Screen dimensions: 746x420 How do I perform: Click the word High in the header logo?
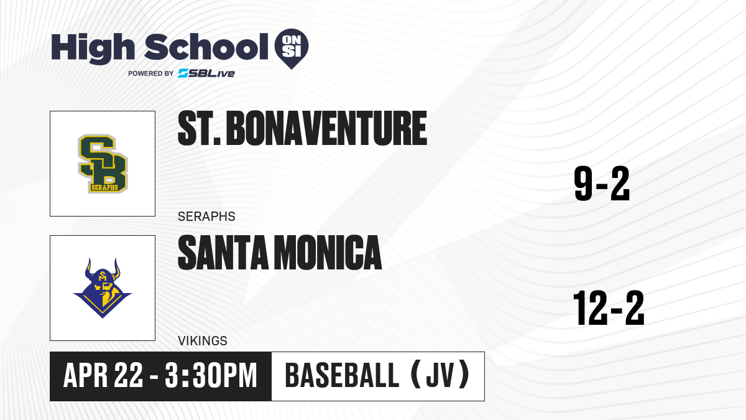pyautogui.click(x=93, y=49)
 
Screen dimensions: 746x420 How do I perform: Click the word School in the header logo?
pyautogui.click(x=206, y=47)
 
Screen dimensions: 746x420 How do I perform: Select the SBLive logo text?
pyautogui.click(x=206, y=73)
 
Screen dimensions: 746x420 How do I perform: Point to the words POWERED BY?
pyautogui.click(x=151, y=73)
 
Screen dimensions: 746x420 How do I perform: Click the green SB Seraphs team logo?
pyautogui.click(x=103, y=164)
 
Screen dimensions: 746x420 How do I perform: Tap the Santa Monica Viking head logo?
pyautogui.click(x=103, y=288)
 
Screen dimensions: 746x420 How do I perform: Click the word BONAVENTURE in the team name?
pyautogui.click(x=326, y=128)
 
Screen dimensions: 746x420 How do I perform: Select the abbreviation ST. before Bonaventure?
pyautogui.click(x=199, y=128)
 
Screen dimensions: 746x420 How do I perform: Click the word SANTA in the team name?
pyautogui.click(x=223, y=253)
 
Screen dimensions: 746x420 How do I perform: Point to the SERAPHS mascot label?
pyautogui.click(x=206, y=217)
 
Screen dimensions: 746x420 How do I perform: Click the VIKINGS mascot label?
pyautogui.click(x=203, y=341)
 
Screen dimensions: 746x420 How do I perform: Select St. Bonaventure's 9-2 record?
pyautogui.click(x=602, y=184)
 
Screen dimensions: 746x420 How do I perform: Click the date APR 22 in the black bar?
pyautogui.click(x=103, y=375)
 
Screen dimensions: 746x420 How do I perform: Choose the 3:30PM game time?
pyautogui.click(x=211, y=375)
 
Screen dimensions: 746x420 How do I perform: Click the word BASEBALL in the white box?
pyautogui.click(x=342, y=375)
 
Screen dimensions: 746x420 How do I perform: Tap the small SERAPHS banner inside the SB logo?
pyautogui.click(x=104, y=187)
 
